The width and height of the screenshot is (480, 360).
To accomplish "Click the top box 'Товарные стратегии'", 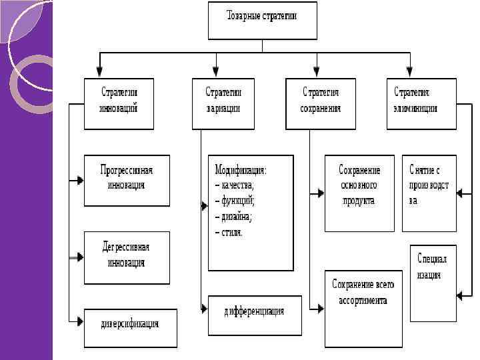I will pos(262,21).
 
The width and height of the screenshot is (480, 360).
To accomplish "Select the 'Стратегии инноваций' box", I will pos(119,103).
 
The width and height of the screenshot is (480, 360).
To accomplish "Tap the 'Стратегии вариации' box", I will pos(223,103).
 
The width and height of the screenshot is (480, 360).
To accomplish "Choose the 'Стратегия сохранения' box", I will pos(321,103).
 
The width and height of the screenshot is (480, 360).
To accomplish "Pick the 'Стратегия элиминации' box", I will pos(421,103).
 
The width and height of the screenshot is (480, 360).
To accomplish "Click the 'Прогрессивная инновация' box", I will pos(127,180).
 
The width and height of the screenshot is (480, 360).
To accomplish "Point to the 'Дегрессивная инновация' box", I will pos(127,257).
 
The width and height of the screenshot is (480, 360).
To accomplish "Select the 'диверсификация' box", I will pos(130,327).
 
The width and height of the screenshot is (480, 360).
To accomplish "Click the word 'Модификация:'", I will pos(241,170).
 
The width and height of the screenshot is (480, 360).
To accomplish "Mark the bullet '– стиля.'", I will pos(229,233).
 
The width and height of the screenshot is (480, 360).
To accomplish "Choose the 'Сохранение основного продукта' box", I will pos(359,193).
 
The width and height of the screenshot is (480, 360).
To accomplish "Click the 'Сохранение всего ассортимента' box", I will pos(363,307).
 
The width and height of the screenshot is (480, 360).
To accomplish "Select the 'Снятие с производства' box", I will pos(429,193).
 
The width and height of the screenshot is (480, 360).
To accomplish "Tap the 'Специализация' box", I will pos(433,282).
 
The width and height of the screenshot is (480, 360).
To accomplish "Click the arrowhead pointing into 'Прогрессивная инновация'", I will pos(80,180).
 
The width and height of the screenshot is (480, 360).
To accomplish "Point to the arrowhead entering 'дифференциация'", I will pos(204,308).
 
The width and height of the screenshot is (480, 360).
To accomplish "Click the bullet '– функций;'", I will pos(235,201).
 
